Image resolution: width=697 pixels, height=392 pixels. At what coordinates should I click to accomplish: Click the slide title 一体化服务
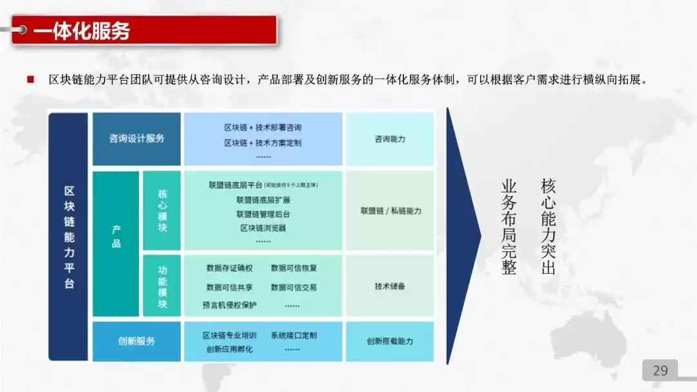[x=81, y=30]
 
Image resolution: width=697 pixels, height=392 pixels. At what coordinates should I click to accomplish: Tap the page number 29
[x=660, y=371]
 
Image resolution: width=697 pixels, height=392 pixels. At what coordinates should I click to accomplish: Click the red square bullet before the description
[x=30, y=79]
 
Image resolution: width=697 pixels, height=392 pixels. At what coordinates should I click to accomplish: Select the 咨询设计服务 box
[x=137, y=138]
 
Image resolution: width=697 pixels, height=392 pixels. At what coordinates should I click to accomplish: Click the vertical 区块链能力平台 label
[x=69, y=236]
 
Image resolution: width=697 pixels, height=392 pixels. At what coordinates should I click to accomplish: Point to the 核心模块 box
[x=162, y=211]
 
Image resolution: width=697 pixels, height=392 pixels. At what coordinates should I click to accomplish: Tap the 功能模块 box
[x=162, y=285]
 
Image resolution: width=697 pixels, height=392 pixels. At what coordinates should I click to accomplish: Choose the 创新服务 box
[x=137, y=341]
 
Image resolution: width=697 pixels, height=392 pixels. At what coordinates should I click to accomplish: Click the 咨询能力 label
[x=390, y=139]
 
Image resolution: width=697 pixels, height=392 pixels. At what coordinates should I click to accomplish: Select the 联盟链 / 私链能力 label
[x=390, y=211]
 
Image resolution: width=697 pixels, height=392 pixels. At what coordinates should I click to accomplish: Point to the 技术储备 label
[x=390, y=286]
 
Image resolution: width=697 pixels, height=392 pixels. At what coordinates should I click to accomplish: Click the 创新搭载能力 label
[x=390, y=341]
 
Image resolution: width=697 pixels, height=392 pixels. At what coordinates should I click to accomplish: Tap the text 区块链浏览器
[x=263, y=228]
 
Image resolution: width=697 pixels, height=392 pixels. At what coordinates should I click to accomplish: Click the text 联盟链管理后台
[x=263, y=214]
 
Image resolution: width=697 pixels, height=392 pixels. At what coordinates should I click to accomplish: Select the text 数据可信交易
[x=294, y=287]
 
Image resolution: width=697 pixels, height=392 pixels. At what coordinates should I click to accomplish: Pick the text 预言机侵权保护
[x=229, y=305]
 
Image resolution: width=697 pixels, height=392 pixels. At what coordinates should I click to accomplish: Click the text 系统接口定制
[x=294, y=336]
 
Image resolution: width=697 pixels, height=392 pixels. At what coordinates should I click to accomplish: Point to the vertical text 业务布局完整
[x=509, y=227]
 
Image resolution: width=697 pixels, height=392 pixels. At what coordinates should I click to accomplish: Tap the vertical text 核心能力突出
[x=548, y=227]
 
